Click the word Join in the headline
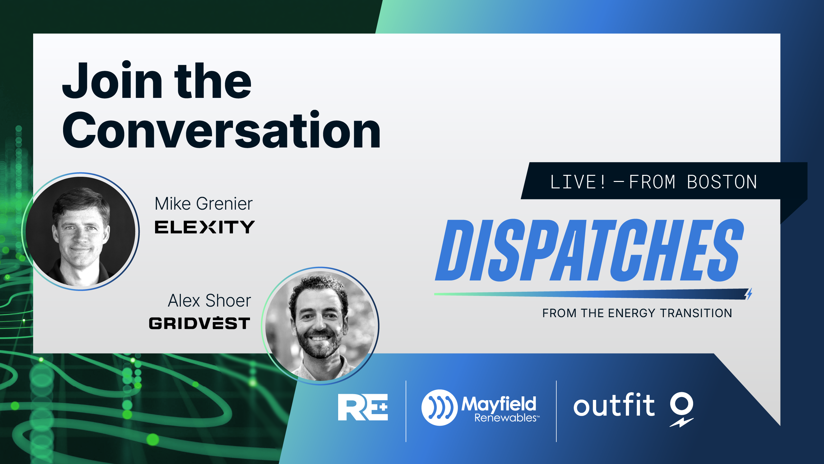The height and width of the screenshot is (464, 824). (x=113, y=80)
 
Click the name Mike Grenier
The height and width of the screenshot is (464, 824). (x=204, y=204)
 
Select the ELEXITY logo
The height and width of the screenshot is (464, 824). (x=205, y=227)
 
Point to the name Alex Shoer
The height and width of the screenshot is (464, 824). (x=209, y=301)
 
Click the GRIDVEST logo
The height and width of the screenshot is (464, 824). (x=199, y=323)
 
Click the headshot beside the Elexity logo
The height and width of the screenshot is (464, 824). (x=80, y=232)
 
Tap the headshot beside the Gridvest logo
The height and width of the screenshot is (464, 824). (x=320, y=326)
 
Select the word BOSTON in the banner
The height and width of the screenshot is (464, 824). (x=722, y=182)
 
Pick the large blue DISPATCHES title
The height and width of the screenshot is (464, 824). (x=589, y=250)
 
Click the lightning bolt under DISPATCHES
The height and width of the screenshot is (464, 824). (x=749, y=294)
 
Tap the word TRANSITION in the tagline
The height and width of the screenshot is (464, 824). (x=696, y=313)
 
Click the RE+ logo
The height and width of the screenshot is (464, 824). (x=363, y=407)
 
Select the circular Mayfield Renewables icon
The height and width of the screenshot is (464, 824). (x=440, y=408)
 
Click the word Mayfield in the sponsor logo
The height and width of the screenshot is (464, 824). (x=499, y=403)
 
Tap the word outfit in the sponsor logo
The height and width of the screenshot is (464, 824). (x=614, y=405)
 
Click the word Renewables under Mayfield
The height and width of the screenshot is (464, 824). (x=505, y=418)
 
